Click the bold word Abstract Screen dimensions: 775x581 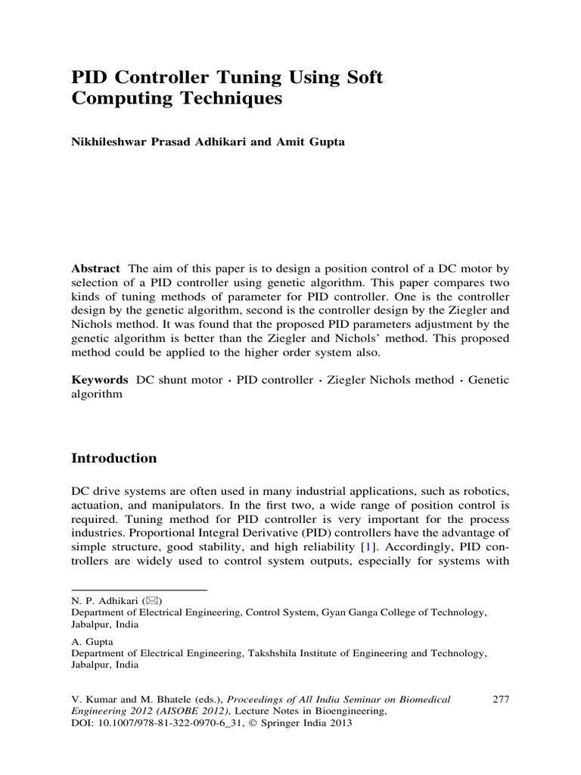[95, 269]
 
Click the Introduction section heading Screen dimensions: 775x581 [113, 458]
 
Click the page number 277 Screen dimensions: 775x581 [501, 699]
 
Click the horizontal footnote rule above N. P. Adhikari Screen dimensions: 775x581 [139, 589]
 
